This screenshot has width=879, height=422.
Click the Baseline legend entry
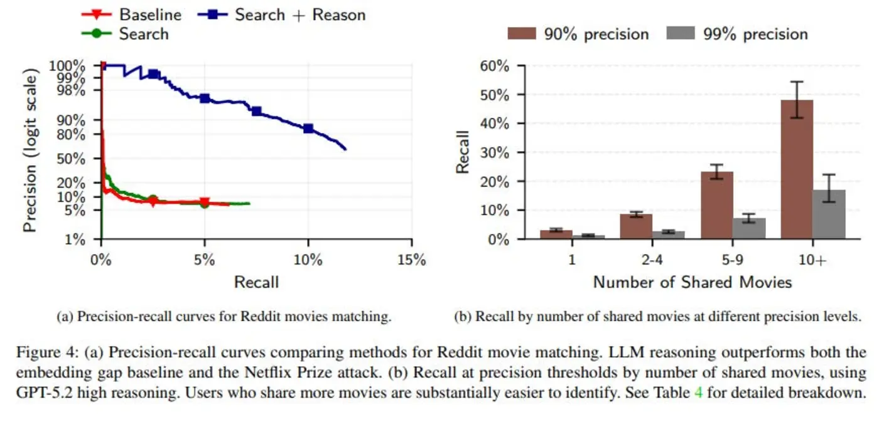click(149, 14)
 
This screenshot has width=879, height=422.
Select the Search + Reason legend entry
click(299, 14)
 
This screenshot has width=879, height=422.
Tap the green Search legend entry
click(143, 33)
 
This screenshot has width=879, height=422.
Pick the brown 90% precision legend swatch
click(522, 33)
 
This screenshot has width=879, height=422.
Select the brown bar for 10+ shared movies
click(797, 169)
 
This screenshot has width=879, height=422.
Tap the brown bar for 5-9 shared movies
click(716, 205)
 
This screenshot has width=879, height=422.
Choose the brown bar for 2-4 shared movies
click(636, 226)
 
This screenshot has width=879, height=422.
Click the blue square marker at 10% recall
click(308, 129)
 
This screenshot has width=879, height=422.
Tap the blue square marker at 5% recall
click(205, 98)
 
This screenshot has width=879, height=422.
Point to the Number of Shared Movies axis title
click(692, 282)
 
